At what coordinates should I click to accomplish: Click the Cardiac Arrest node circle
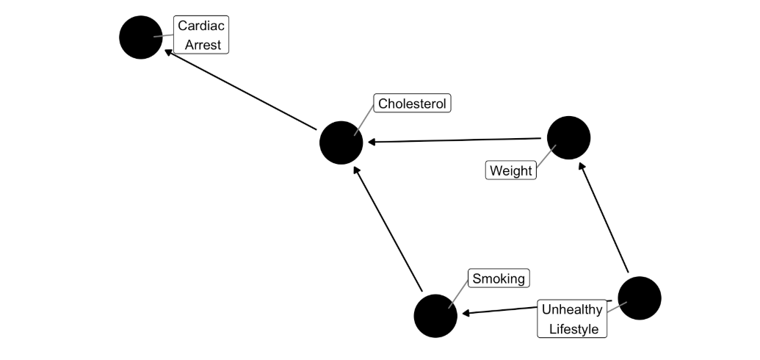140,37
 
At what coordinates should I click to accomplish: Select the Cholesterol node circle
341,143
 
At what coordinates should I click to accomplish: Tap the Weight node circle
568,138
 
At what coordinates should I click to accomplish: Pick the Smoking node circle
435,316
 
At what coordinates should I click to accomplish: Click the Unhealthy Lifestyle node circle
640,298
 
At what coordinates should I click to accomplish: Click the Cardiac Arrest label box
201,35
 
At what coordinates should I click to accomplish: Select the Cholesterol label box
412,104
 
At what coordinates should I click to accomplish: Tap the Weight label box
511,170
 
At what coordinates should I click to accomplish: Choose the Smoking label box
499,278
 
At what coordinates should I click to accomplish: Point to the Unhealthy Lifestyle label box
572,319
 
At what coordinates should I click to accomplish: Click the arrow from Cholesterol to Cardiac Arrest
240,90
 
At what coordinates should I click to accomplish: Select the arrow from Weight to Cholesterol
454,140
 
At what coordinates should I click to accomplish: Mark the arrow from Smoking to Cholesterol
388,229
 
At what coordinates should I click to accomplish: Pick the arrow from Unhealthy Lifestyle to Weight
604,217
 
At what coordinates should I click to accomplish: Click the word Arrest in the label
203,45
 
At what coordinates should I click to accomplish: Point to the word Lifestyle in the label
574,329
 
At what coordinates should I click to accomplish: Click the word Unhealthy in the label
572,309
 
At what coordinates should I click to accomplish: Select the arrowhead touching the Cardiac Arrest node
168,51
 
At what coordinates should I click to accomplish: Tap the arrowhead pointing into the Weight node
582,167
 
